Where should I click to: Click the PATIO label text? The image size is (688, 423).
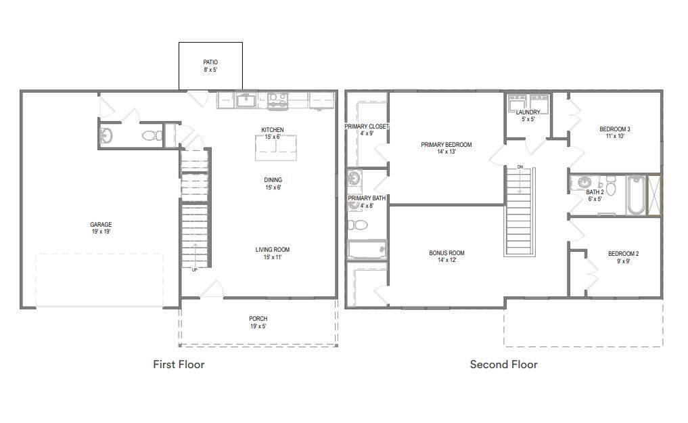[x=210, y=62]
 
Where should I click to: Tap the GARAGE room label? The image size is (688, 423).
[x=101, y=225]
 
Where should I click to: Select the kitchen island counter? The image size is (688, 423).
[x=276, y=148]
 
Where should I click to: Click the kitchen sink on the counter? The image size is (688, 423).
[x=246, y=100]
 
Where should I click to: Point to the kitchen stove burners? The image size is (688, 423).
[x=278, y=100]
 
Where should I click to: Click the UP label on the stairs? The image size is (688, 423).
[x=194, y=270]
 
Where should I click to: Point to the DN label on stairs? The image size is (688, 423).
[x=520, y=167]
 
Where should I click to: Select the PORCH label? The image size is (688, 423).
[x=258, y=319]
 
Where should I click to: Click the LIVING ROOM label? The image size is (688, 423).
[x=273, y=250]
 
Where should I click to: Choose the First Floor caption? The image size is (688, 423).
[x=179, y=364]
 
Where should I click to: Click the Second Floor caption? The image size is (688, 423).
[x=504, y=364]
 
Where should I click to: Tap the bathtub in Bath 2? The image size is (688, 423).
[x=635, y=195]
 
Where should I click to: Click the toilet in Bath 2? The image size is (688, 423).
[x=610, y=185]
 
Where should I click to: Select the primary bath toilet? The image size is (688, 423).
[x=358, y=225]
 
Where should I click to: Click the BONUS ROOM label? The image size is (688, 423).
[x=446, y=252]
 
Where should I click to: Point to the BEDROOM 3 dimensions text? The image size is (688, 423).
[x=615, y=136]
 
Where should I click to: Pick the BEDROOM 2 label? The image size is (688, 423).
[x=624, y=254]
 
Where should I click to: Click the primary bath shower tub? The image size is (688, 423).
[x=367, y=250]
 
